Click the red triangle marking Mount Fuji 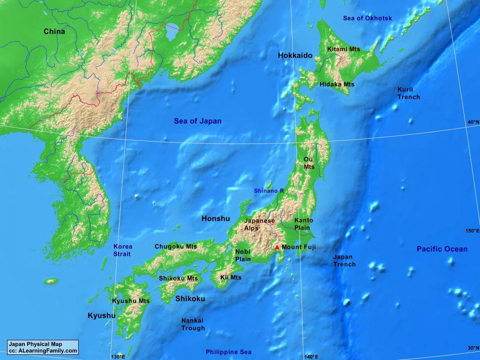[277, 247]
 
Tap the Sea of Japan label [197, 121]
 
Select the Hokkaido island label [295, 55]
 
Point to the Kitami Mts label [344, 49]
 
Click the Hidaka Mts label [337, 84]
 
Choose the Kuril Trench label [408, 93]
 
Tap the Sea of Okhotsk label [367, 18]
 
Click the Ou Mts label [309, 163]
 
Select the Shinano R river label [269, 191]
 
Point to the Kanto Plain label [303, 224]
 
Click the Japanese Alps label [259, 225]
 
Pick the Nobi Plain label [243, 255]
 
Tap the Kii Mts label [231, 277]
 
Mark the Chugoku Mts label [176, 247]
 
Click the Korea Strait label [123, 250]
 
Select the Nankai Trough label [193, 324]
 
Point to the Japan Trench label [344, 261]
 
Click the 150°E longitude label [472, 231]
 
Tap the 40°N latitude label [472, 122]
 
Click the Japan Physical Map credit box [43, 347]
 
